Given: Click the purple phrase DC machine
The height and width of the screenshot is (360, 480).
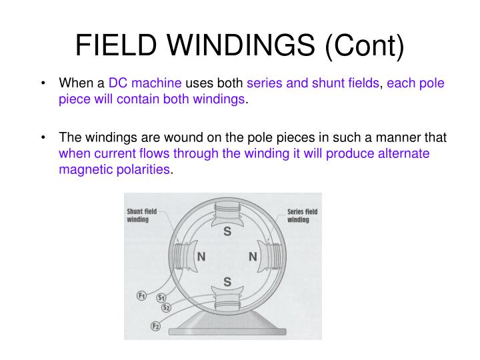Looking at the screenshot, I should coord(145,83).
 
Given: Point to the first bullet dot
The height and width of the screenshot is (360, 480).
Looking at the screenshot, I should coord(43,84).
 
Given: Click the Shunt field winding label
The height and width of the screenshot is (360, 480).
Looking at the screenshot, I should coord(142,215).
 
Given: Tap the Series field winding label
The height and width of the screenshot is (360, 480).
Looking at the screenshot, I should coord(302,215).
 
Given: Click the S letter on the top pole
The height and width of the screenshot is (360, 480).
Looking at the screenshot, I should coord(227,232).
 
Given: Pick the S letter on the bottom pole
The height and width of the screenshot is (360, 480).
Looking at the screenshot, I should coord(227,282).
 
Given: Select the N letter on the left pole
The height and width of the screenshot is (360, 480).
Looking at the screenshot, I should coord(200,257).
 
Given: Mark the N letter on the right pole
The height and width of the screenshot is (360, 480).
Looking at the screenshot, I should coord(253,257).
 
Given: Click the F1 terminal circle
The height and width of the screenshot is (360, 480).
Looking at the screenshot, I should coord(142,295).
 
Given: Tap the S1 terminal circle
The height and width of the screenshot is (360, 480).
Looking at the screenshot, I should coord(161,298).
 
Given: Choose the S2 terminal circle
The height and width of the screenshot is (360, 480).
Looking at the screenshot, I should coord(167,307).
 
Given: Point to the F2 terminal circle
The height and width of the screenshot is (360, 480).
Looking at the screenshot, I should coord(155,325).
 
